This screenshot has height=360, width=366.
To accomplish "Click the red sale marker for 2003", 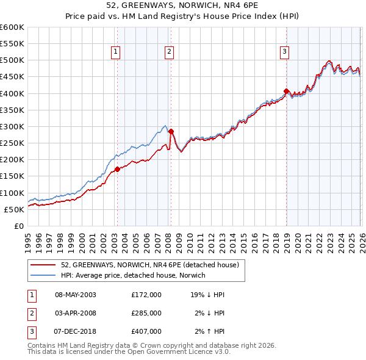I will pyautogui.click(x=117, y=169).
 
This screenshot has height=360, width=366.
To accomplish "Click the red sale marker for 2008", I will pyautogui.click(x=171, y=131).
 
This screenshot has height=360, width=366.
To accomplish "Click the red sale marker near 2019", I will pyautogui.click(x=286, y=92).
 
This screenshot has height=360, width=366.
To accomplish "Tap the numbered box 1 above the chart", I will pyautogui.click(x=115, y=52).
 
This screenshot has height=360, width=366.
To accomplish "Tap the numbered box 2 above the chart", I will pyautogui.click(x=168, y=52).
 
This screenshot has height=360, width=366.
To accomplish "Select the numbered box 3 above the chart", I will pyautogui.click(x=284, y=52).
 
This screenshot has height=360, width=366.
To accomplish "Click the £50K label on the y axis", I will pyautogui.click(x=14, y=209).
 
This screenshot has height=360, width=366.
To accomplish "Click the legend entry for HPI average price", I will pyautogui.click(x=133, y=275).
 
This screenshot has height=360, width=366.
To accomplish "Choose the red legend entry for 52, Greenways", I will pyautogui.click(x=152, y=265).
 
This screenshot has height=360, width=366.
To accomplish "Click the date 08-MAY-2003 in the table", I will pyautogui.click(x=76, y=295).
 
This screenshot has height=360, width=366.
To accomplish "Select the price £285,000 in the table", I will pyautogui.click(x=146, y=313).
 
